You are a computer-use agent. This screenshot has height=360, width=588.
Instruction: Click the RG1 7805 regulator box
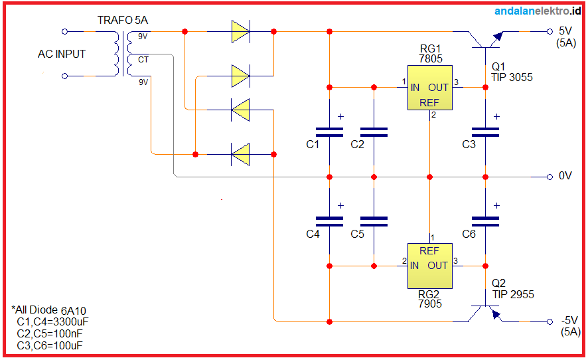click(x=429, y=88)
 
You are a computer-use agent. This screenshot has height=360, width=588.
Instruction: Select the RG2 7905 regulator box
click(x=429, y=266)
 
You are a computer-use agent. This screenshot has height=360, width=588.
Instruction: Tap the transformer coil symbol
click(x=124, y=54)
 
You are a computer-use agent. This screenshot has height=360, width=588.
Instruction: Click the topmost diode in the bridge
click(x=240, y=31)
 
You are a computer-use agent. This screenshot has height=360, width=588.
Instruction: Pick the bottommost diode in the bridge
click(x=240, y=154)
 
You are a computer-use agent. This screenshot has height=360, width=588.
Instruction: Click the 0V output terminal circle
click(x=550, y=177)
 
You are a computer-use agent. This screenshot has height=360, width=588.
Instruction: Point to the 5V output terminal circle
click(x=550, y=31)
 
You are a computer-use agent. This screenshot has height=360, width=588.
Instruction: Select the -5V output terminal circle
click(x=550, y=321)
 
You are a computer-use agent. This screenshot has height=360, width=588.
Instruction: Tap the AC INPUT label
click(x=62, y=54)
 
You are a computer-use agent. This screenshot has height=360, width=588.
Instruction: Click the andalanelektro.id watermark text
click(x=538, y=10)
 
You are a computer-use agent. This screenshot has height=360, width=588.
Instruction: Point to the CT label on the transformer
click(x=143, y=60)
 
